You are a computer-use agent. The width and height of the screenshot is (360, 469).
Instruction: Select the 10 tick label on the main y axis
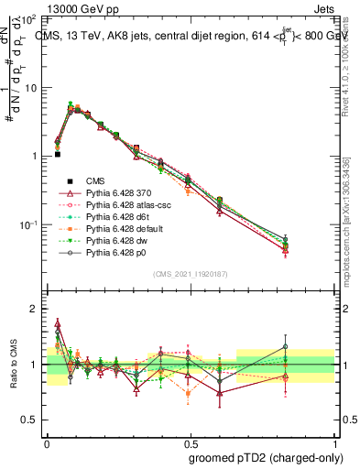click(x=29, y=88)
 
